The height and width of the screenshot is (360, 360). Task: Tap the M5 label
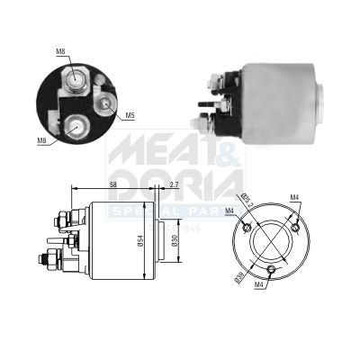pyautogui.click(x=130, y=115)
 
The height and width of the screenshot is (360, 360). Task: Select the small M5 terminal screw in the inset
pyautogui.click(x=106, y=104)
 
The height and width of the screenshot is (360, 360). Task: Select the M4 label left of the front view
pyautogui.click(x=229, y=211)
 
